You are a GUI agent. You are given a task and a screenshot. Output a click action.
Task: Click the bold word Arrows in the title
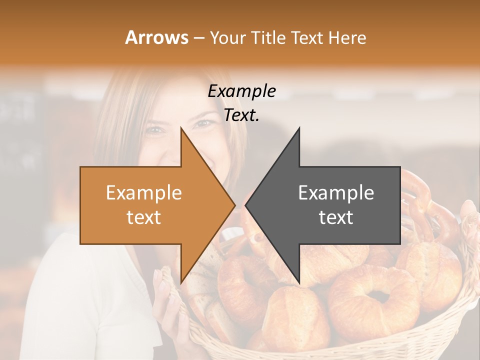(156, 37)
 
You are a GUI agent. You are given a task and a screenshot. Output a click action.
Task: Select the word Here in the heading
(348, 37)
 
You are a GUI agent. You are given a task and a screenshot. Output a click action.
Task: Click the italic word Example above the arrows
(241, 91)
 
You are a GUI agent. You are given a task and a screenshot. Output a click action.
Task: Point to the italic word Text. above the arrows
(241, 115)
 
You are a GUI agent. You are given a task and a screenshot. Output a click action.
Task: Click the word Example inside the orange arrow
(143, 193)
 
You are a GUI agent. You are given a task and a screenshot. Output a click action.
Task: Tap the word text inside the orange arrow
(143, 217)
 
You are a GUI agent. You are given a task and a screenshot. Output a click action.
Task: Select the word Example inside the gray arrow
(336, 193)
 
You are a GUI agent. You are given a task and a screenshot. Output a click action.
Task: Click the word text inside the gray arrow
(336, 217)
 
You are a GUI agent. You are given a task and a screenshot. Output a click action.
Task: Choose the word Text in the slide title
(306, 37)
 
